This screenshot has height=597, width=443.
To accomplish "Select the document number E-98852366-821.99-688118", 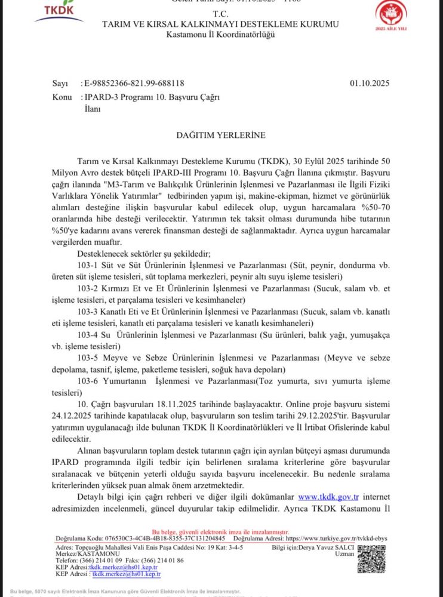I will (134, 84).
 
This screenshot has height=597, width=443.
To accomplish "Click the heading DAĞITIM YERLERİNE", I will (220, 136).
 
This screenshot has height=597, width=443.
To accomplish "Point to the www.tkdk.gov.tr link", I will (328, 497).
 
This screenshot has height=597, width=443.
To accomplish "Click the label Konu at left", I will (62, 97).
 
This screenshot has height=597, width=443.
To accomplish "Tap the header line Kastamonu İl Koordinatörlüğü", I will (220, 35).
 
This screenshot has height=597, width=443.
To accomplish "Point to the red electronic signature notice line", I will (220, 531).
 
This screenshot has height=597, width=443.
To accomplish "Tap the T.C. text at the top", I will (220, 14).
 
